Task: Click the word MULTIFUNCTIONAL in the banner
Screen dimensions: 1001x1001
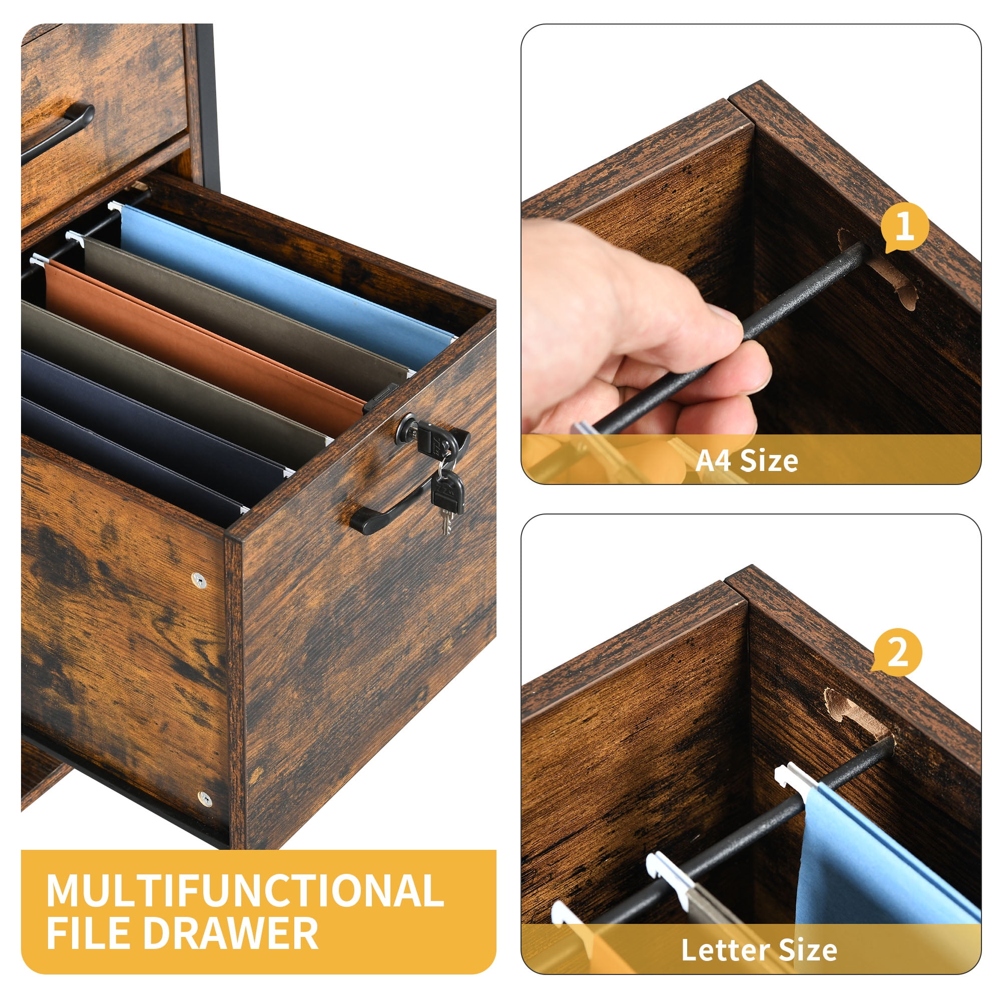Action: point(245,890)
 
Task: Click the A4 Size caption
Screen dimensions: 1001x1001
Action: point(747,460)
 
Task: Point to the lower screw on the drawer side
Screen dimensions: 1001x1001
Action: point(205,799)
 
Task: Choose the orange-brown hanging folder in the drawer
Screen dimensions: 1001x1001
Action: point(202,337)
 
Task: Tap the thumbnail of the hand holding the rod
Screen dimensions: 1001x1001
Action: point(751,254)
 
